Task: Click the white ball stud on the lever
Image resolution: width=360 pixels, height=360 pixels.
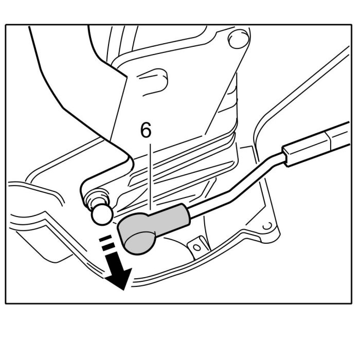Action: point(101,214)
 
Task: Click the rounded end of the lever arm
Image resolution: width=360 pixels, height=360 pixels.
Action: point(87,191)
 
